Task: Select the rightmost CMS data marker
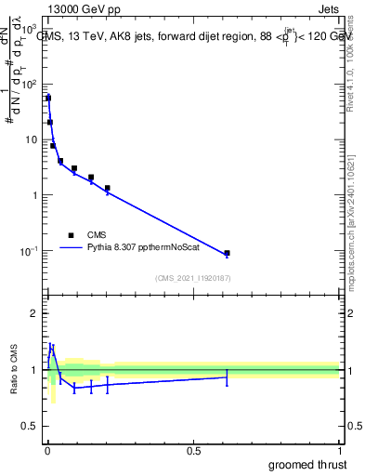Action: click(x=227, y=253)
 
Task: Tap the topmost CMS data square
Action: click(x=48, y=98)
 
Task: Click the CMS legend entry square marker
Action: click(x=71, y=235)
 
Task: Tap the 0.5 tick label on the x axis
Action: click(x=193, y=450)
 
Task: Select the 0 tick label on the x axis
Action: click(x=47, y=450)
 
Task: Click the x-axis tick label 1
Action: click(x=339, y=450)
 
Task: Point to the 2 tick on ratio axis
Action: click(x=34, y=313)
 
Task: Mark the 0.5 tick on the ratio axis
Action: click(x=31, y=427)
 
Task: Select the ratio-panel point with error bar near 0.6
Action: click(x=227, y=377)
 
